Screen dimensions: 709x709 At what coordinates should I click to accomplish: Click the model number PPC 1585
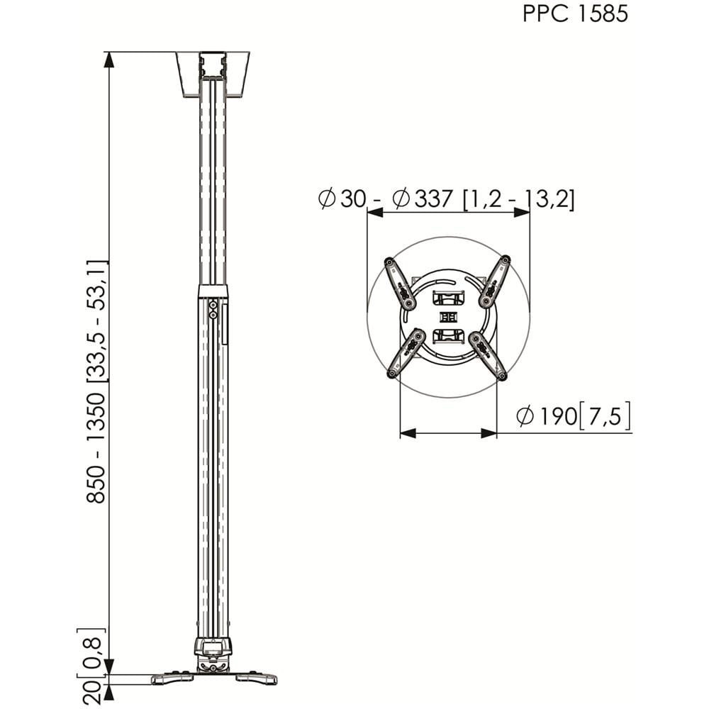(575, 13)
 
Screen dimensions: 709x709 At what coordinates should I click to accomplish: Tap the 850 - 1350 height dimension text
(96, 448)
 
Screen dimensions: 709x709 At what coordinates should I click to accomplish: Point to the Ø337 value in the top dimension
(423, 199)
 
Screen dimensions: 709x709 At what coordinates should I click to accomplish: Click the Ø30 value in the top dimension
(342, 199)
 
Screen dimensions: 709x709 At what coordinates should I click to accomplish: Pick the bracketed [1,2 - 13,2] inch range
(519, 199)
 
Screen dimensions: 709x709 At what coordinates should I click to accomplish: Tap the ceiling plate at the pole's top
(213, 74)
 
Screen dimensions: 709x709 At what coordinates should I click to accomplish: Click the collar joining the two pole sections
(213, 291)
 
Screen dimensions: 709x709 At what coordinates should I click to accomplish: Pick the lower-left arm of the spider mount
(406, 353)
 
